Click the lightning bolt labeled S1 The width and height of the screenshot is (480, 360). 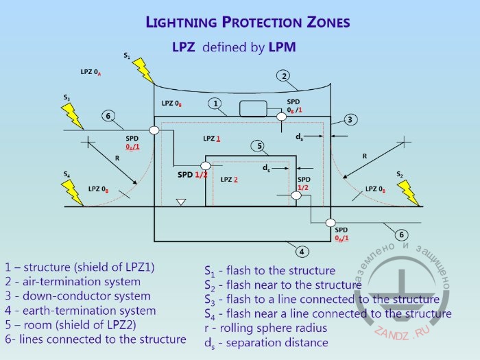point(143,70)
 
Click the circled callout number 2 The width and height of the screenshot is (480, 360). point(283,75)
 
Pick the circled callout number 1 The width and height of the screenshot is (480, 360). point(215,104)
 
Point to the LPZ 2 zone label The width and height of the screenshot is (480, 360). point(229,180)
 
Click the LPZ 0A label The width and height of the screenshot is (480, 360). point(91,72)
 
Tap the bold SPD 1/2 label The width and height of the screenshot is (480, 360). point(193,175)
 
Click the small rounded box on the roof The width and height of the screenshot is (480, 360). point(252,109)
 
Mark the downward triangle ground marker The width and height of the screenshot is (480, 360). point(181,202)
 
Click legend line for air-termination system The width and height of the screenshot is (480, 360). point(73,282)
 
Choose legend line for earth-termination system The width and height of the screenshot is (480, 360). point(80,311)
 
